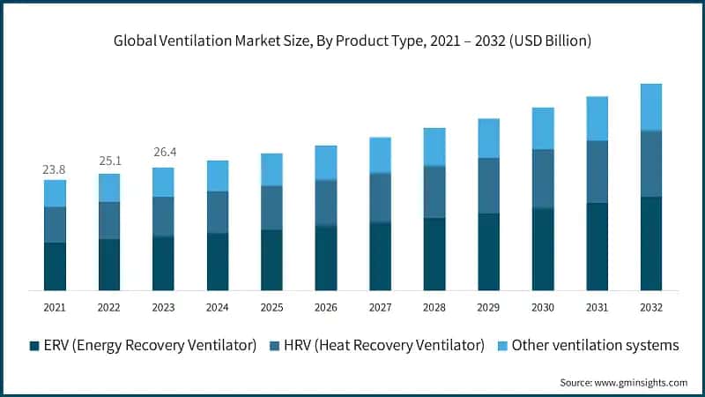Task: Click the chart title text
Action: click(x=352, y=41)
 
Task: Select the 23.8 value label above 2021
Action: click(x=55, y=169)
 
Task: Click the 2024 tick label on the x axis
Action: click(x=217, y=307)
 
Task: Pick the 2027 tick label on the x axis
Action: click(x=380, y=307)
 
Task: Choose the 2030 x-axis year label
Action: click(x=543, y=307)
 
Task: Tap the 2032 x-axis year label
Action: click(x=651, y=307)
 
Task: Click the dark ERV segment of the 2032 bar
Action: click(x=651, y=243)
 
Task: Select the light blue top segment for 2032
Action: click(x=651, y=107)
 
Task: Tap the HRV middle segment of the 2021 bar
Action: click(x=55, y=224)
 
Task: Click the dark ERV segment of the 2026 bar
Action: click(x=326, y=258)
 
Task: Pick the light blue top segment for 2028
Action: click(x=434, y=146)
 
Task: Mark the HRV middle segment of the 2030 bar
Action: click(x=543, y=178)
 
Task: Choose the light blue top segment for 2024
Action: click(x=217, y=176)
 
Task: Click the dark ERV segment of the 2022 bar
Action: click(x=109, y=265)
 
